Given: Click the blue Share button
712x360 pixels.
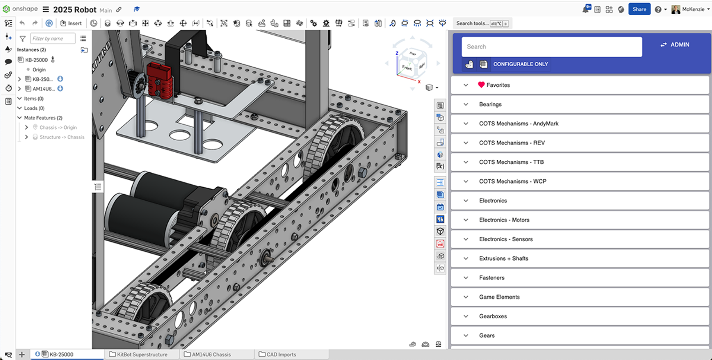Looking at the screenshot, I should point(639,9).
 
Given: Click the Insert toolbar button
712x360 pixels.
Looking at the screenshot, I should point(71,23).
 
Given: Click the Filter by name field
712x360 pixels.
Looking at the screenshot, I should point(53,39).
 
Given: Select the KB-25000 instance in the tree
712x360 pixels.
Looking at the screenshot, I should point(36,60).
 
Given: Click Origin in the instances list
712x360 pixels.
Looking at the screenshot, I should point(39,69).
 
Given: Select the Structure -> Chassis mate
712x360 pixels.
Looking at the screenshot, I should point(61,137).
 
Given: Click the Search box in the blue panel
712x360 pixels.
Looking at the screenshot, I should point(551,47).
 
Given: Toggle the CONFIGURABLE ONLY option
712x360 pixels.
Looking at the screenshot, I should point(520,64).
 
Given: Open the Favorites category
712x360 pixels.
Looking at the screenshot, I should point(498,85).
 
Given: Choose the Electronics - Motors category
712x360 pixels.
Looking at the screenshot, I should point(504,220).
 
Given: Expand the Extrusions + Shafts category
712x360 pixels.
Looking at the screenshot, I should point(503,259).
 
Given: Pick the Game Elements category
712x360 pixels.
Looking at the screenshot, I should point(499,297).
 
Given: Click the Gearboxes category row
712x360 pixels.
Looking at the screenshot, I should point(493,316).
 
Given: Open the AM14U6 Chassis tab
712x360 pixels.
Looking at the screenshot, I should point(211,355).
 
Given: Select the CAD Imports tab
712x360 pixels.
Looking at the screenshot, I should point(281,355).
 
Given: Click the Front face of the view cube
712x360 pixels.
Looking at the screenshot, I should point(407,67).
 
